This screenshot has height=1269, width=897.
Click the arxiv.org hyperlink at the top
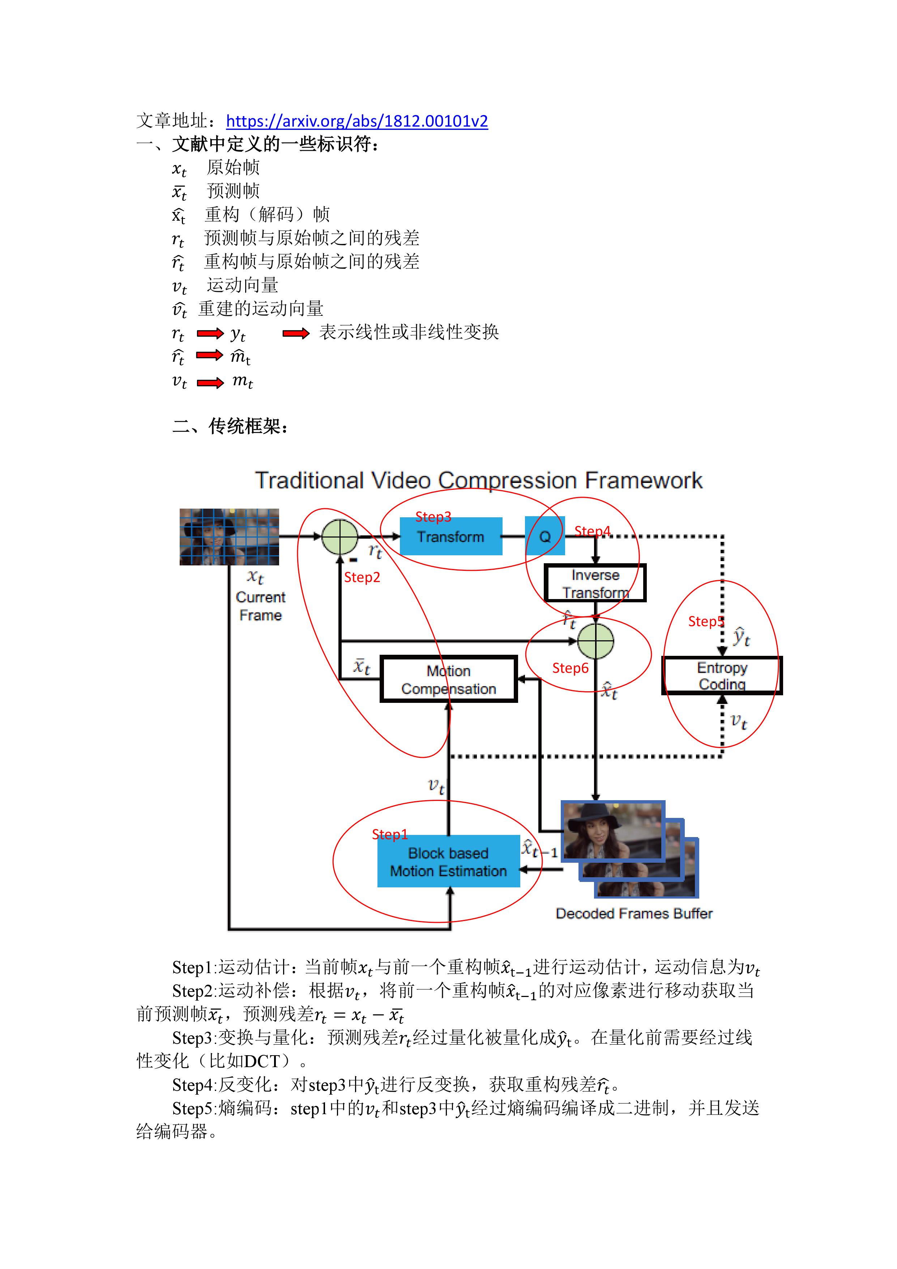(x=357, y=121)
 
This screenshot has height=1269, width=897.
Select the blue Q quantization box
(x=544, y=536)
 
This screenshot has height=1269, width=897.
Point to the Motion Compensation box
(x=448, y=679)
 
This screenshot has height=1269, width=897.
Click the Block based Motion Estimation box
(x=448, y=862)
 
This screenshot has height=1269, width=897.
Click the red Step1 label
(x=389, y=834)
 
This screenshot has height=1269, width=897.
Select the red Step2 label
(x=362, y=578)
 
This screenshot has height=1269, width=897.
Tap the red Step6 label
(x=570, y=668)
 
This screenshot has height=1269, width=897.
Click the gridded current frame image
(x=229, y=537)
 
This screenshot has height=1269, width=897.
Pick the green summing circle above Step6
(x=595, y=641)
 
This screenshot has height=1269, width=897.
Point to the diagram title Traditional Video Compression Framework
(x=478, y=480)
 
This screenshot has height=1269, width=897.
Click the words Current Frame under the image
(x=260, y=606)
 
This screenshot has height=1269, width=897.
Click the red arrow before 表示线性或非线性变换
(x=296, y=333)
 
